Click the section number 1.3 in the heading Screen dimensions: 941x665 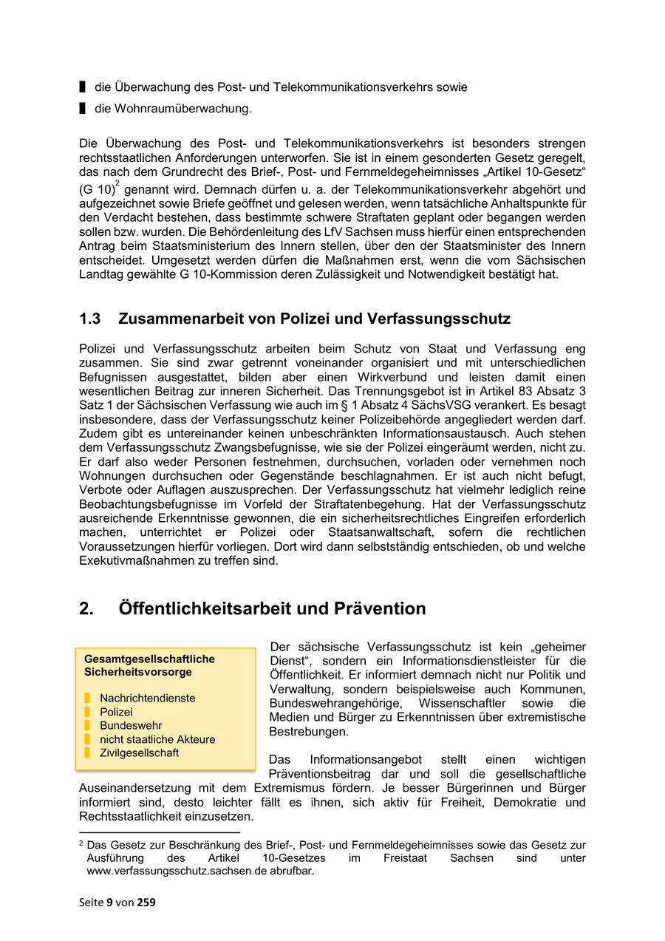[89, 319]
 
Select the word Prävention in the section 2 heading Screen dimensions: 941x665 [380, 609]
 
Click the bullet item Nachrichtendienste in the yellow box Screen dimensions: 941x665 [148, 698]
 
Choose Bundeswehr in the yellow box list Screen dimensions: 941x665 [131, 725]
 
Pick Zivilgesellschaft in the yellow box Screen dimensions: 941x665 [140, 753]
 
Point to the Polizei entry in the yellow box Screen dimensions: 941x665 [116, 712]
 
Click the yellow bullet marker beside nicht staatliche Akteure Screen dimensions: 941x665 [86, 739]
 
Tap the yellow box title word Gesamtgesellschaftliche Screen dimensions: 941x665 [149, 659]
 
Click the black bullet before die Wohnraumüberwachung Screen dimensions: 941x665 [83, 109]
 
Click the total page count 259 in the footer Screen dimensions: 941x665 [146, 902]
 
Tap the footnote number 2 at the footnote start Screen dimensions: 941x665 [81, 843]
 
